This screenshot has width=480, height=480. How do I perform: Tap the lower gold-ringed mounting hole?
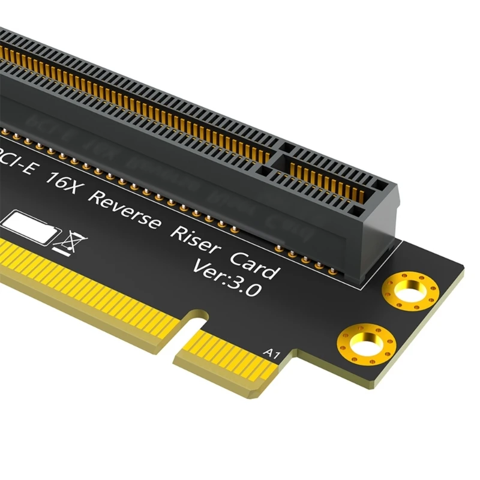point(365,344)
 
